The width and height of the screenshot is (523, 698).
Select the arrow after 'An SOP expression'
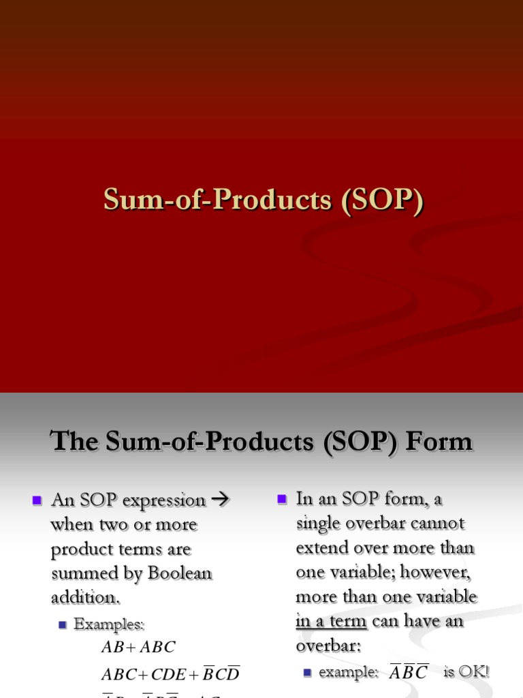click(x=219, y=500)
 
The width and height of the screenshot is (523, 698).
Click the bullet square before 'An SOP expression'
click(x=37, y=500)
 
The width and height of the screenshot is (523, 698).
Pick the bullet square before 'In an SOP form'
click(x=282, y=499)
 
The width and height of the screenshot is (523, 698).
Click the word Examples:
click(x=109, y=623)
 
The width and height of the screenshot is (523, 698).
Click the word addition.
click(x=84, y=598)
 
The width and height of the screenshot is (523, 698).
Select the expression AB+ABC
click(x=138, y=648)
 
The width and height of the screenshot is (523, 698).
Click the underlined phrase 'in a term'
click(x=332, y=621)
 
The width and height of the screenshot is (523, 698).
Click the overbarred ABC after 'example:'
click(x=408, y=672)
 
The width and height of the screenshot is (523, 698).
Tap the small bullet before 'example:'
click(x=307, y=672)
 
